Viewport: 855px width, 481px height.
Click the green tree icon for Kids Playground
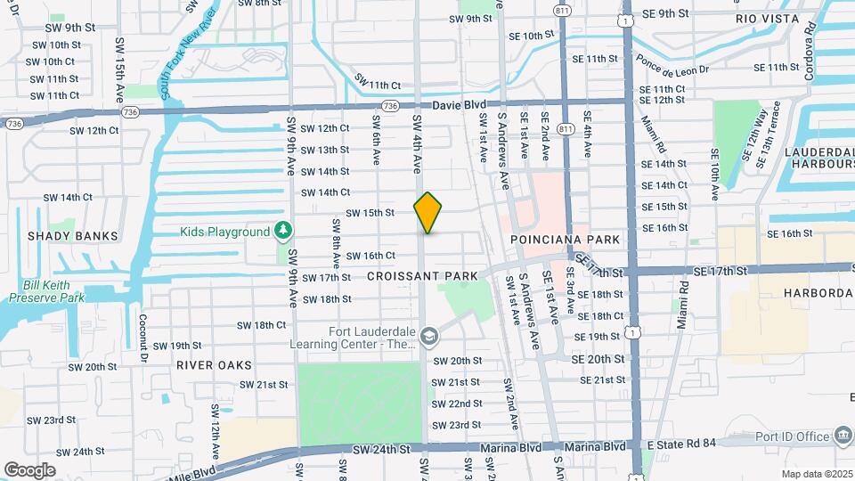283,232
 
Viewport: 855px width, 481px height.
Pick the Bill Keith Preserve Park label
46,292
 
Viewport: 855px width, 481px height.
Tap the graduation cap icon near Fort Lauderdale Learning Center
428,336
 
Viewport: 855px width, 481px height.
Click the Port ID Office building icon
843,436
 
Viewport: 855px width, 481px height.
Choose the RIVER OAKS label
214,365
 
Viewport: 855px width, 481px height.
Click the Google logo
29,469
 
